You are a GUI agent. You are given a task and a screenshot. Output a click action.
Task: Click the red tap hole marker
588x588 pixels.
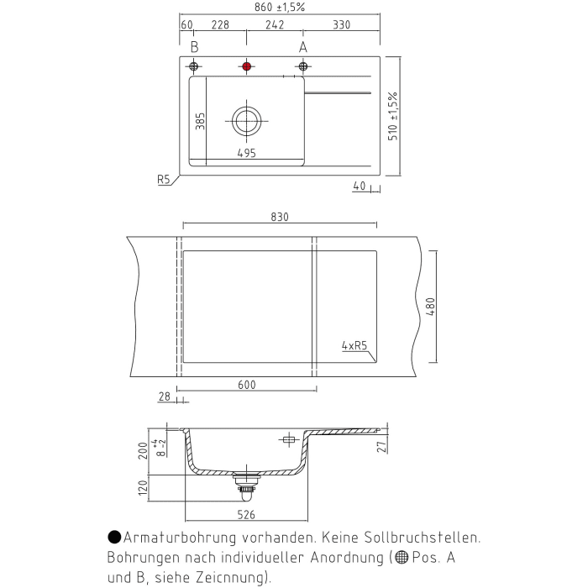point(246,66)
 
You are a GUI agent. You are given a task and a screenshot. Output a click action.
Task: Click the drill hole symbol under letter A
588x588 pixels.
point(303,66)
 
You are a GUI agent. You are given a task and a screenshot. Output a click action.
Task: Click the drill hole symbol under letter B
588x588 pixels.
point(194,66)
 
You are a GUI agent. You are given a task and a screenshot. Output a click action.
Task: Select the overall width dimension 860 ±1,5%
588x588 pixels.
point(279,8)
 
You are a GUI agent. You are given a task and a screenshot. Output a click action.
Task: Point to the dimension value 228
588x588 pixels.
point(220,26)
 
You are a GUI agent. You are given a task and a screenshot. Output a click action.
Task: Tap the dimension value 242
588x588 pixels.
point(274,26)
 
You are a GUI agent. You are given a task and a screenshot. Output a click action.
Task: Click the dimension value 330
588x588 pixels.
point(340,26)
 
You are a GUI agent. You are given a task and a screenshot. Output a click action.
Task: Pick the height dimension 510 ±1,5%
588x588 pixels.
point(393,116)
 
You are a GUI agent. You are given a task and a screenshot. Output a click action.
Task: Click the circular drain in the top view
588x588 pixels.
point(246,121)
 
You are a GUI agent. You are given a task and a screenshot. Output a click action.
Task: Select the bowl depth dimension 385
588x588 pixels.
point(200,121)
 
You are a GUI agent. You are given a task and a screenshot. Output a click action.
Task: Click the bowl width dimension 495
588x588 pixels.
point(246,154)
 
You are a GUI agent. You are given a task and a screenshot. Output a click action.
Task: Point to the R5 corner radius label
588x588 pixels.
point(163,179)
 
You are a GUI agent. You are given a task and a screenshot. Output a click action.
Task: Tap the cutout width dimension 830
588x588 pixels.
point(280,217)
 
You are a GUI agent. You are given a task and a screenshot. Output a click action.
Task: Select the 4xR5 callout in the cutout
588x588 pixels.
point(354,345)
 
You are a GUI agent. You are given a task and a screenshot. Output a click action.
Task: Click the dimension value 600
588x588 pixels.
point(246,385)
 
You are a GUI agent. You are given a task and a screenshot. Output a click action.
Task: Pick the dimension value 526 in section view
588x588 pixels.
point(246,514)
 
